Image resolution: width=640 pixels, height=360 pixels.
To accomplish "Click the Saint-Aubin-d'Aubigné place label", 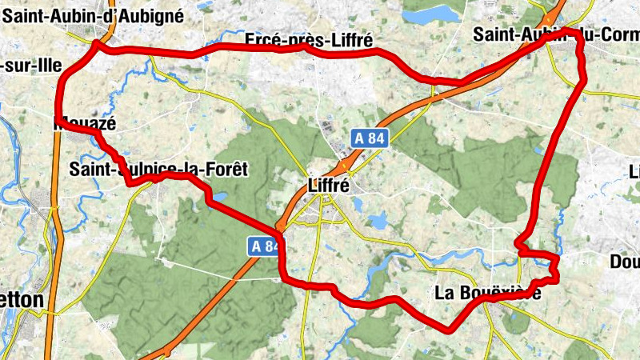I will (94, 15).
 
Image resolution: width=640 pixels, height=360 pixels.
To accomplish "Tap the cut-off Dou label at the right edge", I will (625, 262).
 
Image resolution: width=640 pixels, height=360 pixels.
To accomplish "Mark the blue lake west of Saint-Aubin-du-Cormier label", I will (431, 15).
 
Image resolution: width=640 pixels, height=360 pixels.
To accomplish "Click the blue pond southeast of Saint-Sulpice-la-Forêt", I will (218, 196).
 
